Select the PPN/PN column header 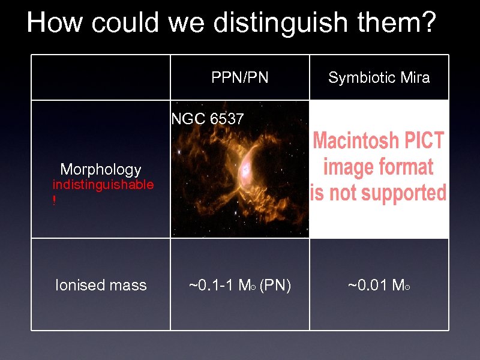coord(240,77)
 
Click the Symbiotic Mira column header coord(379,77)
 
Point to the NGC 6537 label coord(208,119)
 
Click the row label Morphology coord(101,170)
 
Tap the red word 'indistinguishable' coord(103,185)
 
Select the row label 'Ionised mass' coord(101,285)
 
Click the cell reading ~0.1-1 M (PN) coord(240,285)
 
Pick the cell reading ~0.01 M coord(379,285)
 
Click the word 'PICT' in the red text coord(424,142)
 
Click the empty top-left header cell coord(101,77)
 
